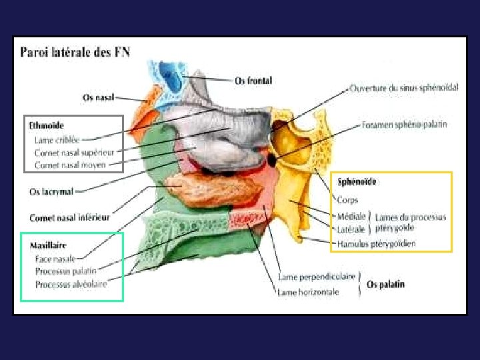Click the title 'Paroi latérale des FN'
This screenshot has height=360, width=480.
tap(74, 51)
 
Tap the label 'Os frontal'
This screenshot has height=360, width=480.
tap(253, 81)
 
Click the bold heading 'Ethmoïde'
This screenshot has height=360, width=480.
tap(46, 125)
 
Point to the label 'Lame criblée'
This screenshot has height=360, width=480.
tap(57, 140)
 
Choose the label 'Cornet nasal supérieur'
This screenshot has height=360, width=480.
tap(74, 152)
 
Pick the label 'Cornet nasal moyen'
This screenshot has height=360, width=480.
tap(69, 164)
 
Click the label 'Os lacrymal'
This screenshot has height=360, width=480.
tap(51, 191)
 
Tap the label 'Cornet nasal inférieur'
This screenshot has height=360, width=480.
tap(69, 217)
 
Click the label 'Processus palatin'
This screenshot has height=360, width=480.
tap(65, 271)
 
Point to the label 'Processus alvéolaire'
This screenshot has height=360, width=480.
tap(71, 284)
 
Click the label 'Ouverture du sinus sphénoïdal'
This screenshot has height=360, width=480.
tap(404, 87)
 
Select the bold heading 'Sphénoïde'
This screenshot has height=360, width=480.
tap(357, 181)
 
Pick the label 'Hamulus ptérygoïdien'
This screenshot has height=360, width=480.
tap(377, 243)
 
